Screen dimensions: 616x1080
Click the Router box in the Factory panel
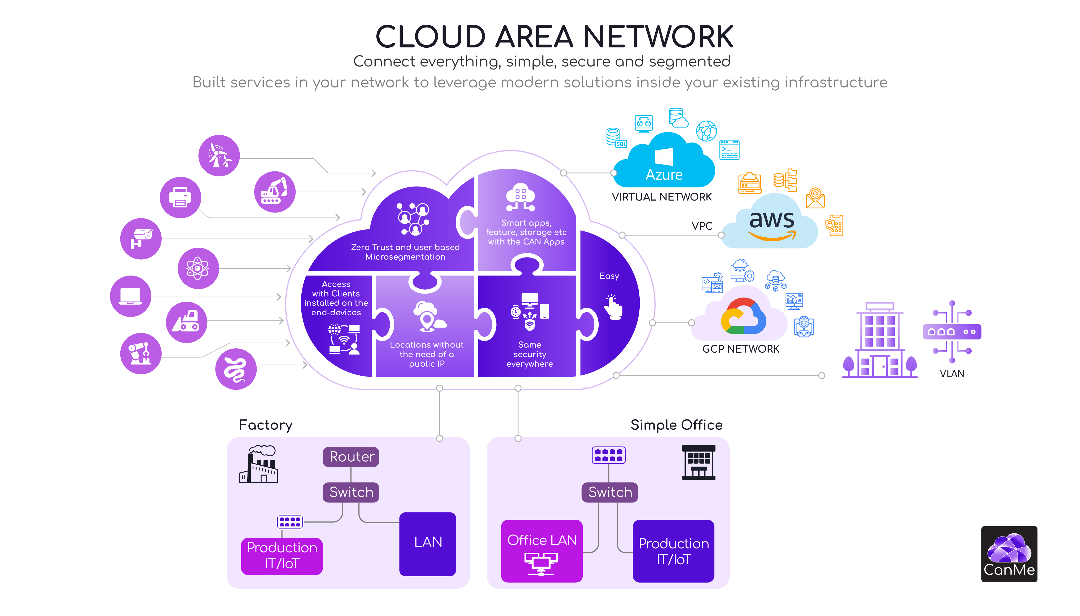(x=350, y=457)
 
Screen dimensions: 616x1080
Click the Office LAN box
(x=541, y=550)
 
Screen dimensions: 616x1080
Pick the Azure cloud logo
(x=663, y=163)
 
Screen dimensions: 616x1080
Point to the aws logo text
(x=771, y=220)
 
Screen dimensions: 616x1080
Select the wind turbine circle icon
(x=219, y=155)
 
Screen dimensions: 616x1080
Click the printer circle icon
(x=180, y=197)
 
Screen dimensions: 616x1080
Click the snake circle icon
(x=236, y=369)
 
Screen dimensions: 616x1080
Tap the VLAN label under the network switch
(x=951, y=374)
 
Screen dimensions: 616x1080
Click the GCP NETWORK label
(x=740, y=349)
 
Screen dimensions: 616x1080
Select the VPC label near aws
(x=702, y=226)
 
